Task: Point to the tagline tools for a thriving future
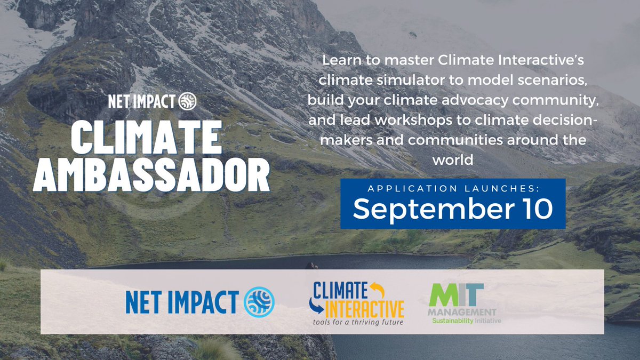pyautogui.click(x=356, y=322)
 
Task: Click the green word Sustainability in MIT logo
pyautogui.click(x=452, y=321)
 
